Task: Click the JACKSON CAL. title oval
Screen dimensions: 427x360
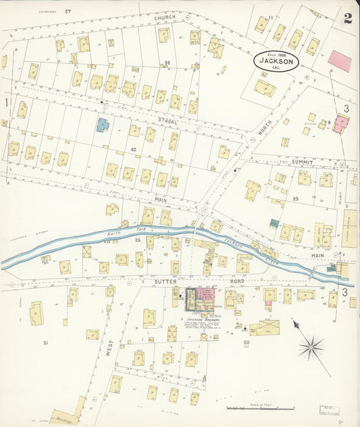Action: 278,61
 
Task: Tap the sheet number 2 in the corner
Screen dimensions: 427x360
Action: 348,18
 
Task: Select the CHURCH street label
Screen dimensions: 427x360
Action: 164,9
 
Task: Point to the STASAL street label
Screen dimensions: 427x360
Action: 168,120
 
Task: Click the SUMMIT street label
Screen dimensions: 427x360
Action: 303,162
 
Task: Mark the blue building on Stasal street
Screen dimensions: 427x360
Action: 102,125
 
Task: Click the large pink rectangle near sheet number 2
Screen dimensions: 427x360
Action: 340,61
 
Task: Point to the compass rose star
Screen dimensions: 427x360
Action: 311,348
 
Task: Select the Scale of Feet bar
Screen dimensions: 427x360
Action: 260,409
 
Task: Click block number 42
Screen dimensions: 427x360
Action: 134,149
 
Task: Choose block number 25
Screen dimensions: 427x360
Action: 295,199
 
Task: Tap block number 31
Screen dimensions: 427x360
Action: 45,343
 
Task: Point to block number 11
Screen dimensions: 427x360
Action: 270,17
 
